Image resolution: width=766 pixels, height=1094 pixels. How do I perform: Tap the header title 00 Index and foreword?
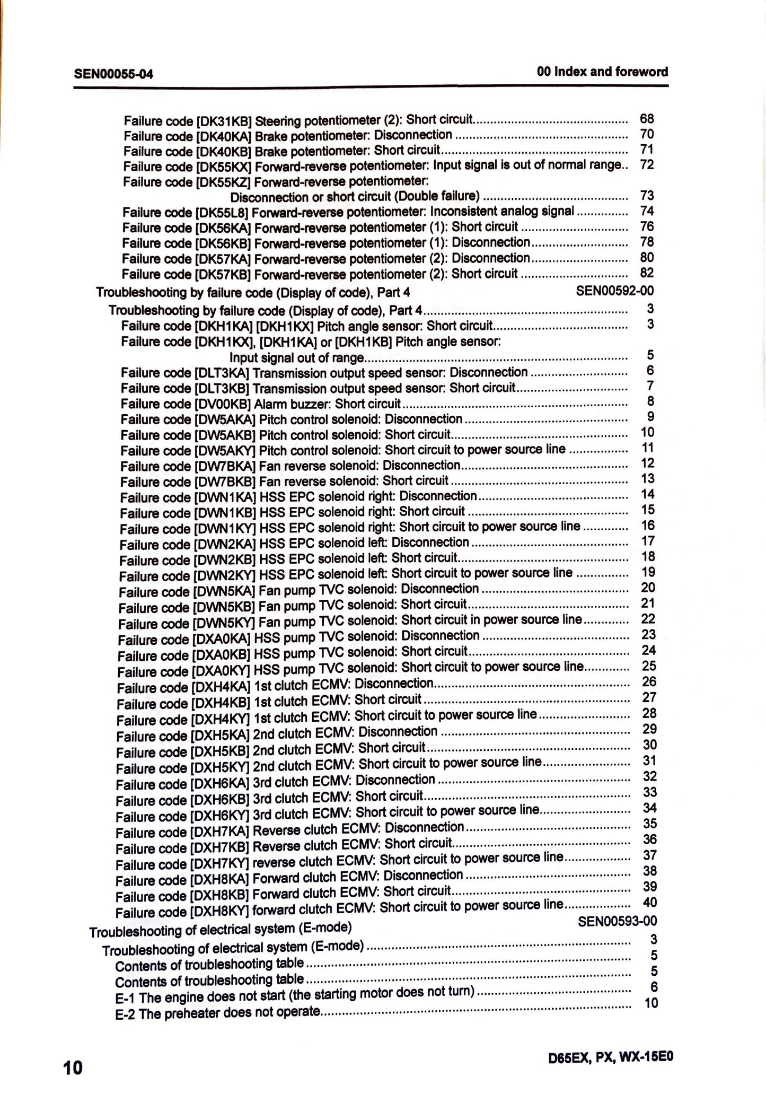coord(602,72)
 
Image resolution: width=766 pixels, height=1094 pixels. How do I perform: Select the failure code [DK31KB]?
coord(224,120)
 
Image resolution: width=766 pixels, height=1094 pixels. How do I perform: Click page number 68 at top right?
coord(647,118)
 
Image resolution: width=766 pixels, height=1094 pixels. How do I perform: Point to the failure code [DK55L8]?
coord(221,213)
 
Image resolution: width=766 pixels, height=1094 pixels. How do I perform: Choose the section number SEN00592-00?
coord(615,290)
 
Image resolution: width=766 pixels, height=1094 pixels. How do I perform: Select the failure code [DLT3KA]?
coord(222,373)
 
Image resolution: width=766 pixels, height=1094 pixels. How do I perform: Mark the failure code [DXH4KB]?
coord(219,703)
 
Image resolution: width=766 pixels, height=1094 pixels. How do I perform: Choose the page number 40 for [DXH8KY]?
coord(649,902)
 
